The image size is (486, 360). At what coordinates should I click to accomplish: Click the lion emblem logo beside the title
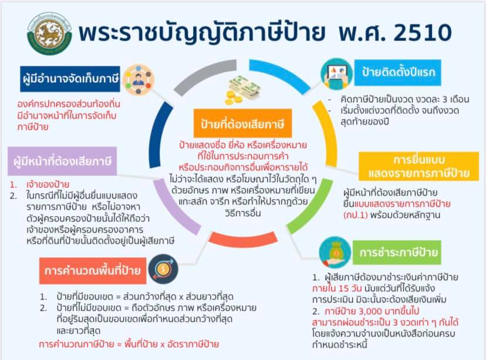point(49,33)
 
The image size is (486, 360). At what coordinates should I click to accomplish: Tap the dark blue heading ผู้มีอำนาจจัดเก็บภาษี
point(70,79)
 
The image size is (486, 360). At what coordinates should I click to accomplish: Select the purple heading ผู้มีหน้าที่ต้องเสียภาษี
point(62,161)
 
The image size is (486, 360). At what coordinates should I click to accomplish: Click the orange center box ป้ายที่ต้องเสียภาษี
point(242,123)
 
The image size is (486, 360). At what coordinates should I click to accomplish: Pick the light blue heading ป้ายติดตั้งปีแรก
point(398,73)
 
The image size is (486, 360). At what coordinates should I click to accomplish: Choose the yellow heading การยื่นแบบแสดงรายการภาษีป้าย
point(419,166)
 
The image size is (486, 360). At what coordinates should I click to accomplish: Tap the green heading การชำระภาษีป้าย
point(397,253)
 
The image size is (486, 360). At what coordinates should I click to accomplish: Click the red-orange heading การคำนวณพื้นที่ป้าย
point(93,271)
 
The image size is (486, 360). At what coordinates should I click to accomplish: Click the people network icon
point(139,80)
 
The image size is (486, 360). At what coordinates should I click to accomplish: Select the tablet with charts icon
point(336,74)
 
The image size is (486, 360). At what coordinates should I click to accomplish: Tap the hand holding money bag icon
point(335,253)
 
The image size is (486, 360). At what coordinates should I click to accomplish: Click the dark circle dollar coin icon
point(163,269)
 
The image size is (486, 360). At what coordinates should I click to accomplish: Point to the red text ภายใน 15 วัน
point(336,288)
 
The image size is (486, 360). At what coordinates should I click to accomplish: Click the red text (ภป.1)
point(355,215)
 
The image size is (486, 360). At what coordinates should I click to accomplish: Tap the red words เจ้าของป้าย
point(48,184)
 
